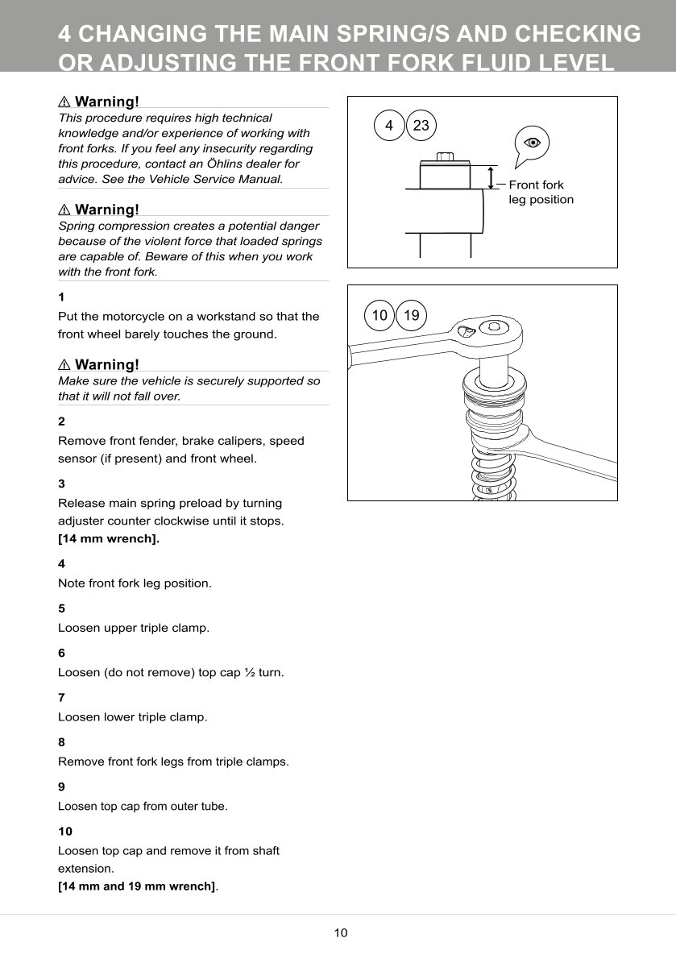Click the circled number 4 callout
click(389, 126)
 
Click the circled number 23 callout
click(421, 126)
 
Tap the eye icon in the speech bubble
click(531, 143)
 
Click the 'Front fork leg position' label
click(541, 193)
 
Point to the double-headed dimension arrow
click(491, 177)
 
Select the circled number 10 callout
click(379, 315)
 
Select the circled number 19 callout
click(411, 315)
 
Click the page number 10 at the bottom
click(341, 933)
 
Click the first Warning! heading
click(106, 102)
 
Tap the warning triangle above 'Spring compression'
click(64, 210)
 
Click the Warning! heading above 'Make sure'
click(106, 364)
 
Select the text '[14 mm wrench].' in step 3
click(109, 539)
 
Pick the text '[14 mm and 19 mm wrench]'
click(137, 886)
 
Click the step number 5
click(61, 608)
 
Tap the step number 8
click(61, 741)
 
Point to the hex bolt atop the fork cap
click(444, 156)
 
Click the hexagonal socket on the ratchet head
click(491, 326)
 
